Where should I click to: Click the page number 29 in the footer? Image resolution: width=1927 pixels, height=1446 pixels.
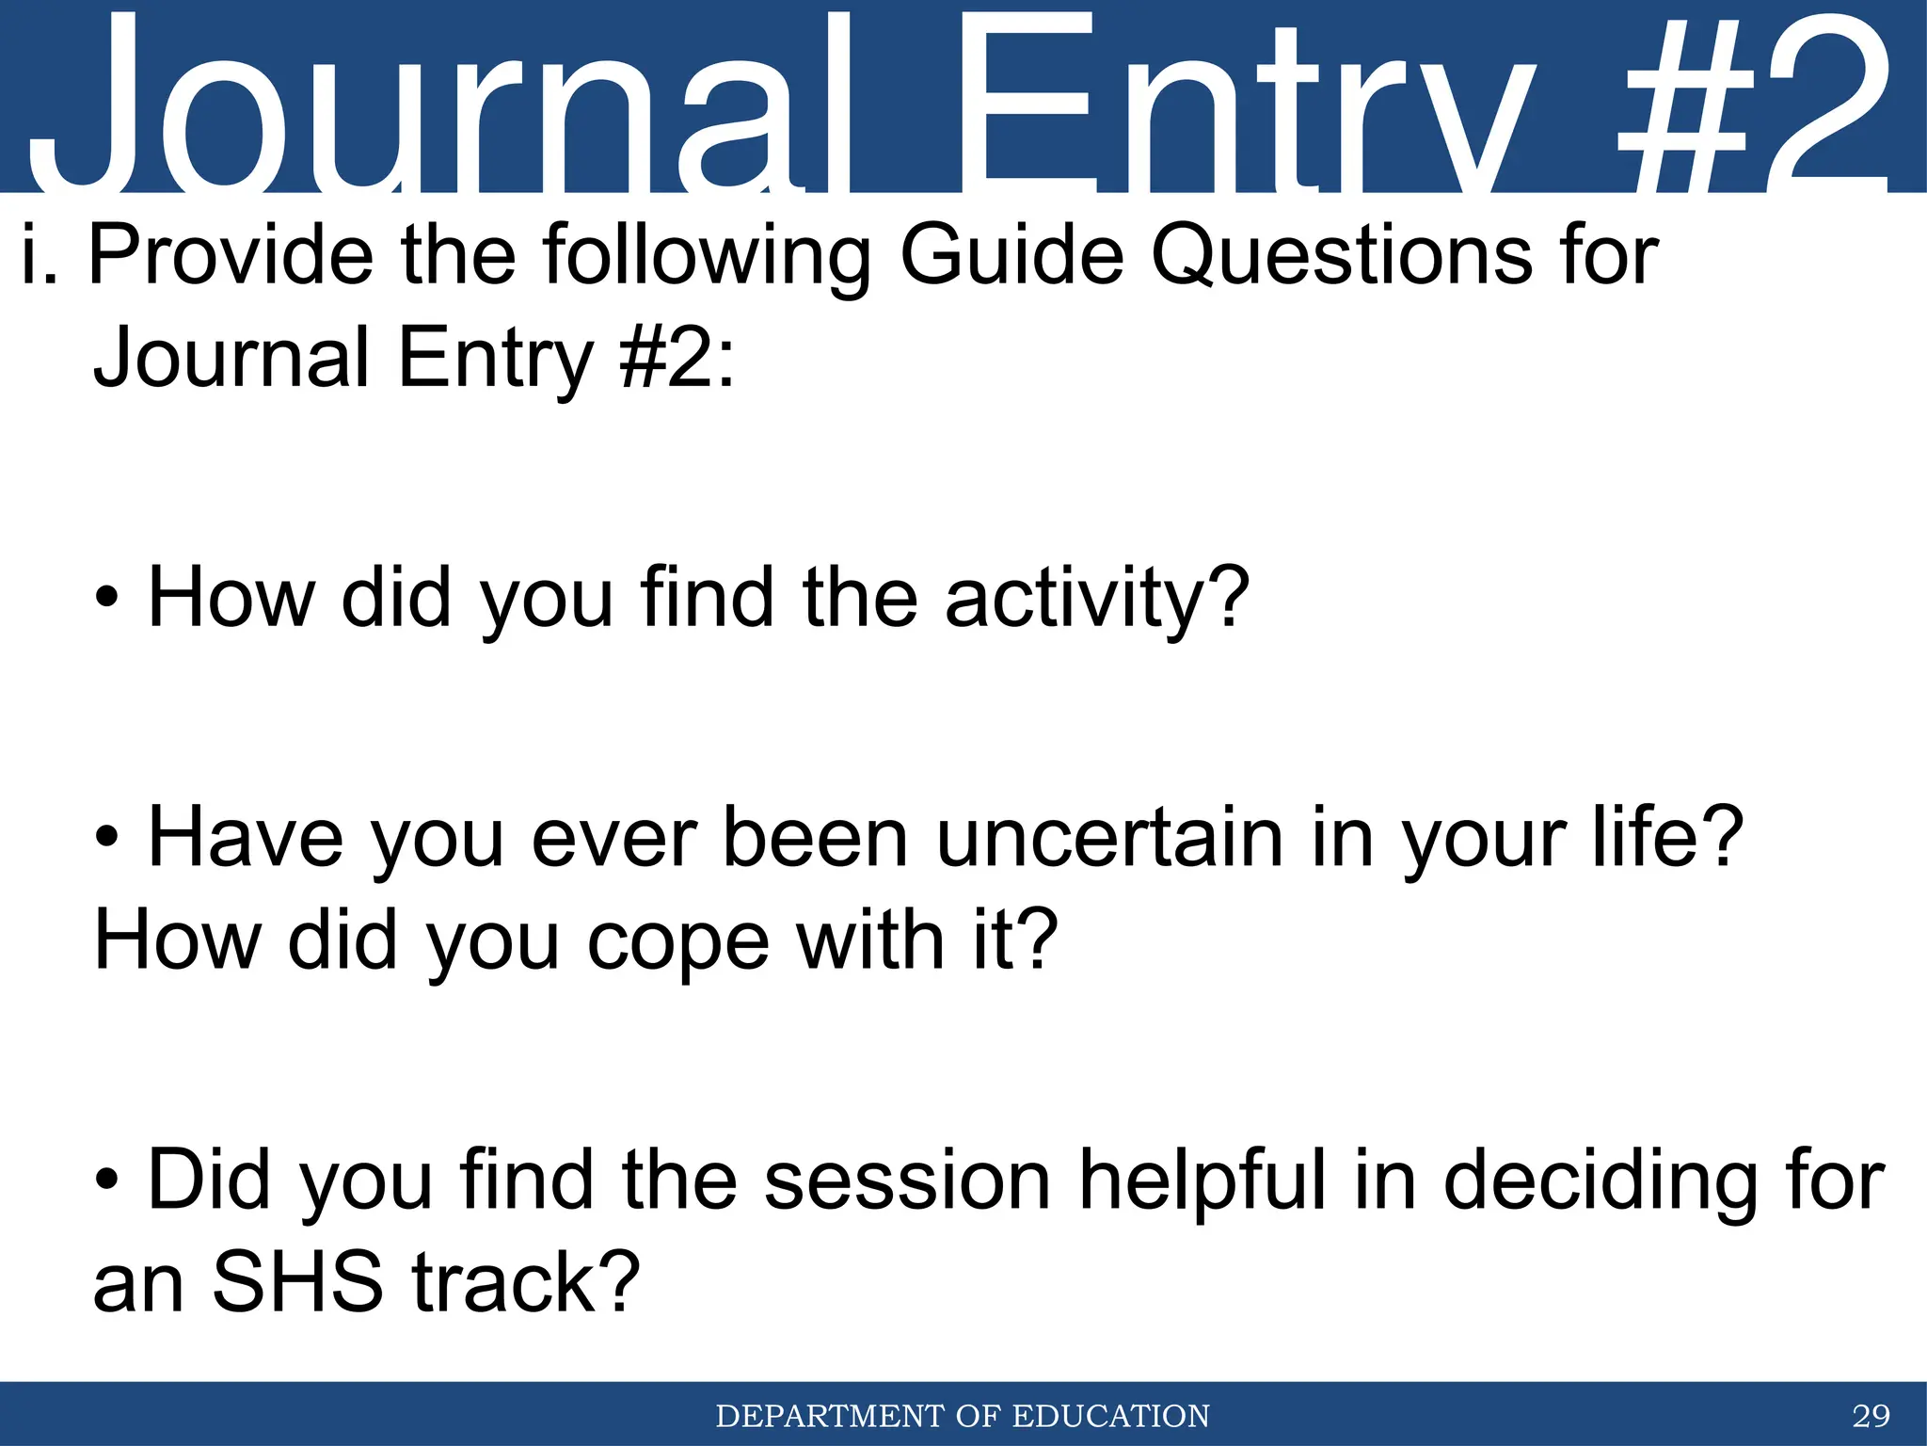point(1871,1415)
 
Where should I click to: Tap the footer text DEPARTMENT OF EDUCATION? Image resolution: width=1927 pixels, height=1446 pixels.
point(963,1415)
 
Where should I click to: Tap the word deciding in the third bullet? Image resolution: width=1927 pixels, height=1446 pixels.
point(1600,1181)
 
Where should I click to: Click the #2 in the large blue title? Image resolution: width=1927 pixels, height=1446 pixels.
point(1750,104)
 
